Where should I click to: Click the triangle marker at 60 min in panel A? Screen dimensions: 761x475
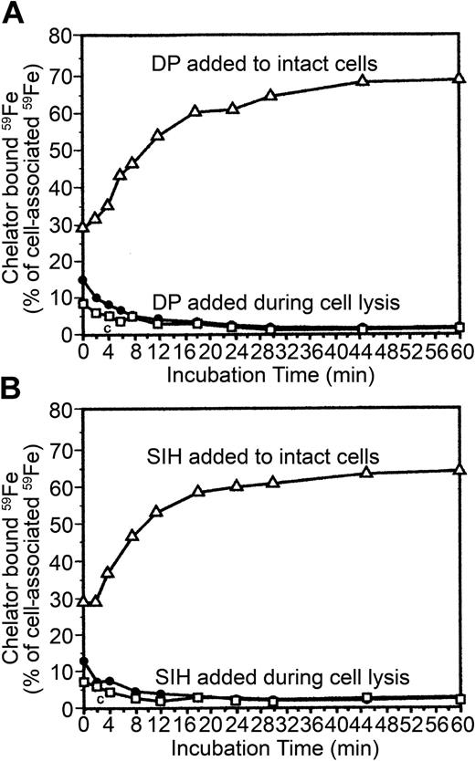(x=459, y=79)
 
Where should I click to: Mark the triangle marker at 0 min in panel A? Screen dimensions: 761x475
(x=84, y=226)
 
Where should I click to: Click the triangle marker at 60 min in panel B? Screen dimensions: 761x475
(x=459, y=470)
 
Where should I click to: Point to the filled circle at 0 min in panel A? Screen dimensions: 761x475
(x=84, y=280)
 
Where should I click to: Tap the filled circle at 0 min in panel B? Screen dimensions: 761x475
(x=84, y=661)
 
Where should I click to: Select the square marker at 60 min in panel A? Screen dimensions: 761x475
(x=459, y=327)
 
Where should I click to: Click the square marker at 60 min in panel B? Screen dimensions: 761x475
(x=459, y=699)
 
